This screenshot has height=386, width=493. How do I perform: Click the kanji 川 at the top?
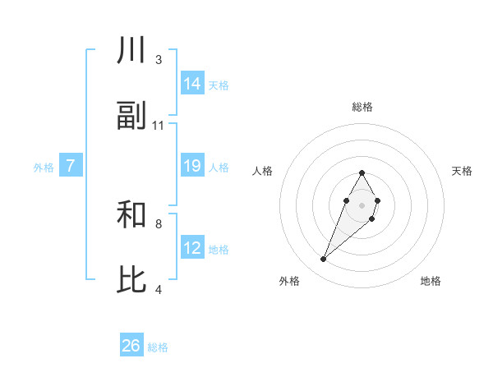pos(131,52)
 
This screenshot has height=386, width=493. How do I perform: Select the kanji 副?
pos(131,117)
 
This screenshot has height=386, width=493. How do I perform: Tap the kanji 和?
pos(131,216)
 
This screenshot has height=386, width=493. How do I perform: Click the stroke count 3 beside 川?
pos(159,60)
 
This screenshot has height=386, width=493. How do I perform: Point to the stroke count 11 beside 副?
pos(159,126)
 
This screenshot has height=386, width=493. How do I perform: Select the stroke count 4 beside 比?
pos(159,289)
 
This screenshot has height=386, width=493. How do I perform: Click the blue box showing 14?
pos(192,84)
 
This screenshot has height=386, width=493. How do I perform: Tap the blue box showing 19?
pos(192,167)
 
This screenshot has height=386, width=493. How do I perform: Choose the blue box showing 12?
pos(192,248)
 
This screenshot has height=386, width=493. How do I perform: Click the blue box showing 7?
pos(71,167)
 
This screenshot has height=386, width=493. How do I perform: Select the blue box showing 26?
pos(131,346)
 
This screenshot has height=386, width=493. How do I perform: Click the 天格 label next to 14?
pos(219,85)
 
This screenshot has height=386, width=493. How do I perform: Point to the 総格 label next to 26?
pos(158,347)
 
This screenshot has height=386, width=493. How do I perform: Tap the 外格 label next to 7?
pos(44,168)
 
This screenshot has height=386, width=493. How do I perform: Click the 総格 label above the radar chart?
pos(362,107)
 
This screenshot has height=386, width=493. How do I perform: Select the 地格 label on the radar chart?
pos(431,281)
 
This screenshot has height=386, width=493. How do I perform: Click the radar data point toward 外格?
pos(324,260)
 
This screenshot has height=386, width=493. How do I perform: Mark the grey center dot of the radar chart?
pos(362,204)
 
